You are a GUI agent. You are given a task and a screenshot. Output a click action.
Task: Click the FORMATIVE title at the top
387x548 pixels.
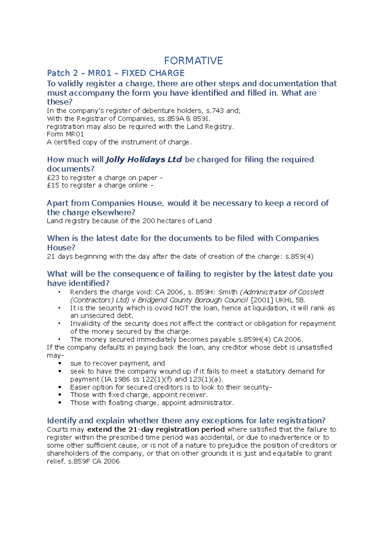click(193, 61)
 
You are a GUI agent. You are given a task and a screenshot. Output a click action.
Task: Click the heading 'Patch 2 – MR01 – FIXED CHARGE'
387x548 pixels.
click(116, 73)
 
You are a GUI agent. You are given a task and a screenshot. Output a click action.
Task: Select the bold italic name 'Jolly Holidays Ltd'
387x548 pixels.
click(144, 159)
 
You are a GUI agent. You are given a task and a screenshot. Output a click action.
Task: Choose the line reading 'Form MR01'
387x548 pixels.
click(65, 134)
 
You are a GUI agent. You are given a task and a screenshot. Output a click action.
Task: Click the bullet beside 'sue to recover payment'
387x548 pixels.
click(60, 363)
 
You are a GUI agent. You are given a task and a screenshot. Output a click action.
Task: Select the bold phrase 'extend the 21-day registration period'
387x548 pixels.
click(156, 430)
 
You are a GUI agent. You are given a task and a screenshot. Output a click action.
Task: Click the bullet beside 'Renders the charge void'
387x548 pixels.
click(59, 292)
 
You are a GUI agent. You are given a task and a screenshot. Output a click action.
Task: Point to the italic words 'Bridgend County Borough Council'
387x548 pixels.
click(193, 300)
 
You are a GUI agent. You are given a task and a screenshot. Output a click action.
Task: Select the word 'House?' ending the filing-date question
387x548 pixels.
click(61, 248)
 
